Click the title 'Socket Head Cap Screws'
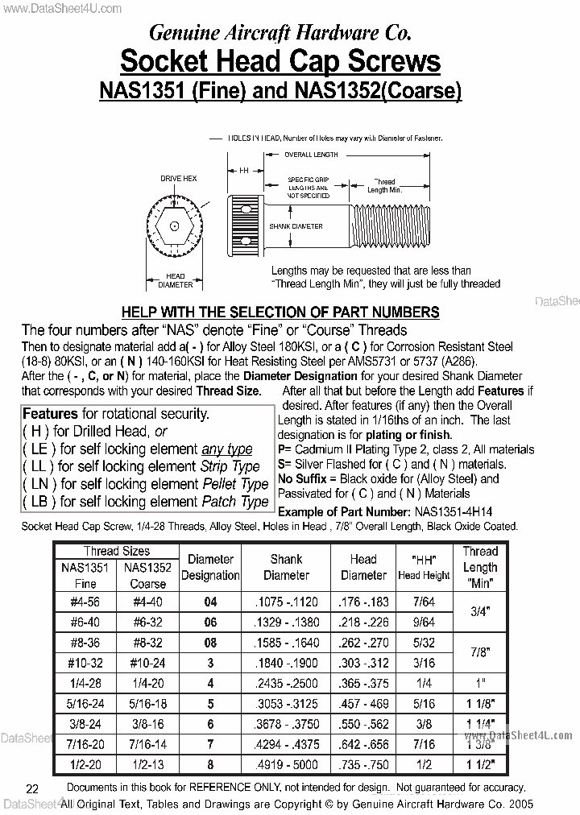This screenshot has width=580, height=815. (x=280, y=62)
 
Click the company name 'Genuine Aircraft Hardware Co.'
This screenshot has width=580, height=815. (x=280, y=31)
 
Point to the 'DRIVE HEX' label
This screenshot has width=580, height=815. (x=178, y=178)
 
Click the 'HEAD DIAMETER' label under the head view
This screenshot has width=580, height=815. (x=174, y=280)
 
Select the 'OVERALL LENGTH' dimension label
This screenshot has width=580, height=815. (x=311, y=155)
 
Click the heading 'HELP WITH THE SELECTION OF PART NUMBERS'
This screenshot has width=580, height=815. (x=280, y=312)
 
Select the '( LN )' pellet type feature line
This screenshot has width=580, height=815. (x=145, y=484)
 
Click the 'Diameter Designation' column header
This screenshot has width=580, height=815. (x=210, y=567)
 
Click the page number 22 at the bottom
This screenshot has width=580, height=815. (x=32, y=788)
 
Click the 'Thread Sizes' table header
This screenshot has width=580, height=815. (x=116, y=552)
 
